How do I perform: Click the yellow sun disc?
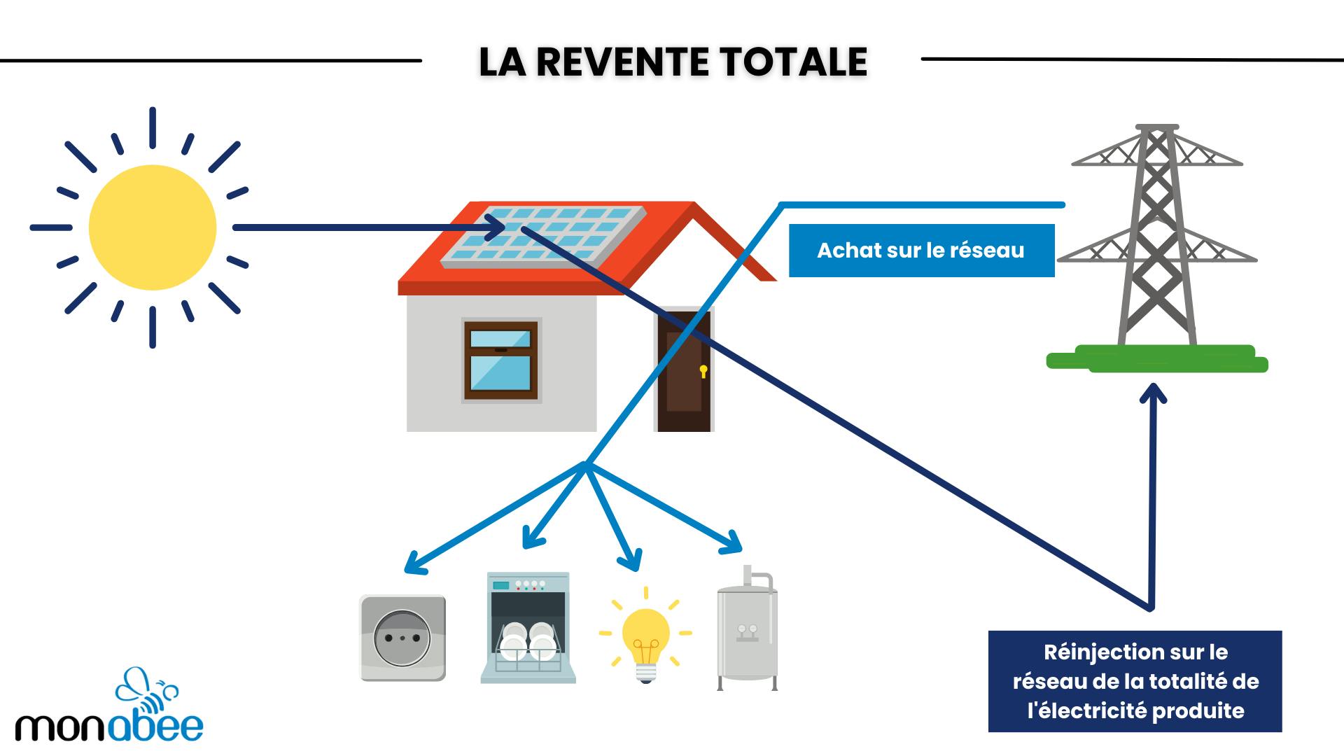(153, 227)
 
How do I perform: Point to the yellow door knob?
(703, 370)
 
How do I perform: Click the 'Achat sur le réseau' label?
(920, 251)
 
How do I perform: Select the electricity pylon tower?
(1156, 238)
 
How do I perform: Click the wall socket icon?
(402, 638)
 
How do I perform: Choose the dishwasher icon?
(528, 628)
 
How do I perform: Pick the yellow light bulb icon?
(645, 637)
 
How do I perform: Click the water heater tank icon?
(747, 630)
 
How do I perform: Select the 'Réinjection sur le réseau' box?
(1135, 681)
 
